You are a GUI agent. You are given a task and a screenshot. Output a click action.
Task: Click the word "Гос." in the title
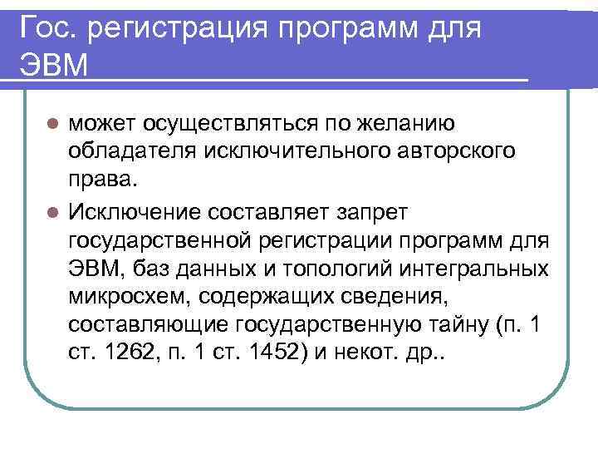(x=53, y=29)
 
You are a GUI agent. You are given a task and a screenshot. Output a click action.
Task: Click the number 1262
(x=133, y=354)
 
